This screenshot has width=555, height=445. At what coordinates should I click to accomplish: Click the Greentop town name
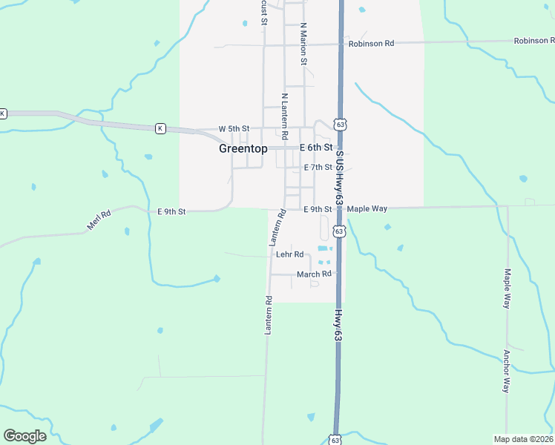243,148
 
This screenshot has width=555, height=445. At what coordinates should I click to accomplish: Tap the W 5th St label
234,129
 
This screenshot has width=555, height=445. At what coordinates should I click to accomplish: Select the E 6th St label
315,148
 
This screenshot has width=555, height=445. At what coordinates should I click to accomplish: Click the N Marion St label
303,44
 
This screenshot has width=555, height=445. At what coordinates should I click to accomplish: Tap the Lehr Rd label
290,254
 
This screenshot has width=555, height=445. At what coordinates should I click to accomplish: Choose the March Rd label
314,274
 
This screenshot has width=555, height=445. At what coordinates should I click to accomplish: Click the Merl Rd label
98,220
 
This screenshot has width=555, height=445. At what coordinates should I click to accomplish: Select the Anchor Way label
507,371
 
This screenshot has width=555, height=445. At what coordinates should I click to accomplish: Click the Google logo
24,436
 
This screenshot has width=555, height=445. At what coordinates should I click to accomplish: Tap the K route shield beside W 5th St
160,128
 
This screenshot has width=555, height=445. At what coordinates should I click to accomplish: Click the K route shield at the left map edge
3,113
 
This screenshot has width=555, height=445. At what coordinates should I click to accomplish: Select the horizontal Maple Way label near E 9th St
367,209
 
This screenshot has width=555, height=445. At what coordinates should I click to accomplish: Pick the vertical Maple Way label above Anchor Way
508,289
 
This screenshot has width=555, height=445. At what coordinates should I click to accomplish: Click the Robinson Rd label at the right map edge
534,40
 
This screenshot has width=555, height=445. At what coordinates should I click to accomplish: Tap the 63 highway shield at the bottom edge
335,440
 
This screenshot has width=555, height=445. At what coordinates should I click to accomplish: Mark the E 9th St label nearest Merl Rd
171,211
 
